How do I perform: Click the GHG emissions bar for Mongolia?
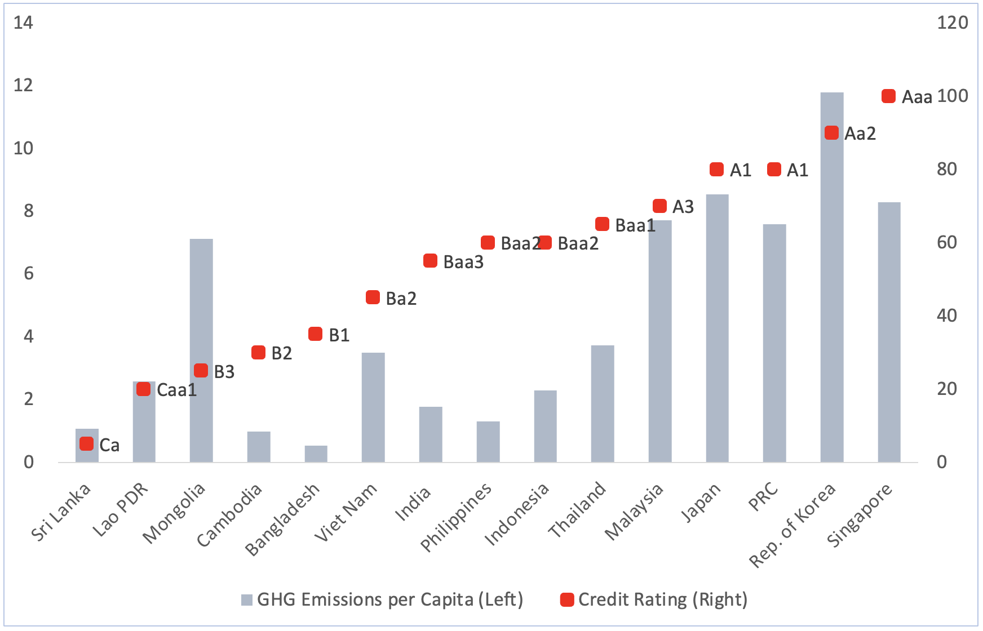click(201, 350)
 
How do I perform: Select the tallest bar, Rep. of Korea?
click(832, 277)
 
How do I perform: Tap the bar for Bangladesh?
click(316, 454)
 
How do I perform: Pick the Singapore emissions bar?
click(889, 332)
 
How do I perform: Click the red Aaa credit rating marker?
click(888, 96)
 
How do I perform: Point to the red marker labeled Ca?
click(86, 444)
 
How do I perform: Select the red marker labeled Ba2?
click(373, 297)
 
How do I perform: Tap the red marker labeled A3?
click(659, 206)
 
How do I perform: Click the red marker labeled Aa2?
click(831, 133)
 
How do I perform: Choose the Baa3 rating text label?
click(463, 262)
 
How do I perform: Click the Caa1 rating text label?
click(176, 390)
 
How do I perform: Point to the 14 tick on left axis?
click(23, 23)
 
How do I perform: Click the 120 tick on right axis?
click(953, 23)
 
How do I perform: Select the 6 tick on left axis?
click(28, 274)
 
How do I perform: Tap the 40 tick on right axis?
click(947, 315)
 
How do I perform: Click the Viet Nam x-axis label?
click(346, 513)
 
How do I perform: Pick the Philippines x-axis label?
click(456, 518)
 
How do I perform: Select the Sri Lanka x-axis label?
click(60, 513)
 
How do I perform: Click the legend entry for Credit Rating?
click(654, 599)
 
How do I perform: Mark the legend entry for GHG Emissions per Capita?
click(382, 599)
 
